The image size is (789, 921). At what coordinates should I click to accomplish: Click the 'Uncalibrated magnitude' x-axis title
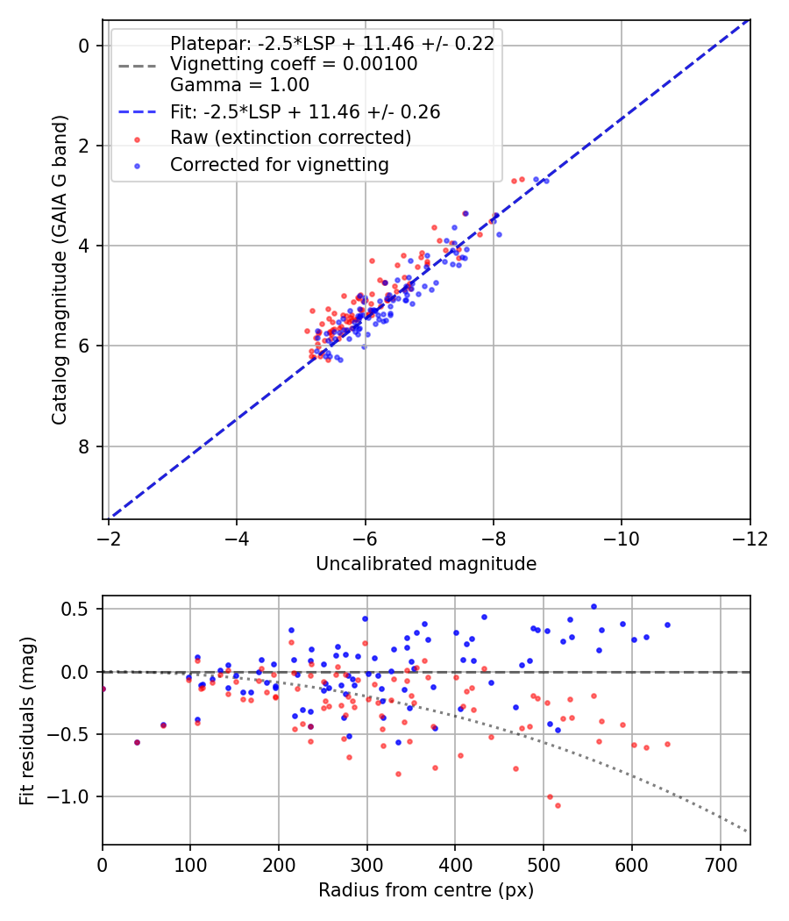pos(425,564)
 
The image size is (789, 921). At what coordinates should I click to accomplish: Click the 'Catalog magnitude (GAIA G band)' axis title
pos(60,270)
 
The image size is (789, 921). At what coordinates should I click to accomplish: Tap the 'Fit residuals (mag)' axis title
pos(27,721)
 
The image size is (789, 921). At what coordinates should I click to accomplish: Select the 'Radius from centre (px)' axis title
pos(425,890)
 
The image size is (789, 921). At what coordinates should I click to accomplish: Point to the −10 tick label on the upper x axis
pos(621,539)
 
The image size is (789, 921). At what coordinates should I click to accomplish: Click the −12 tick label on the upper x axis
pos(750,539)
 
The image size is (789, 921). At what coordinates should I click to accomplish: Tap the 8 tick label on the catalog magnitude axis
pos(84,447)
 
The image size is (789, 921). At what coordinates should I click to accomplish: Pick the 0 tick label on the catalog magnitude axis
pos(84,46)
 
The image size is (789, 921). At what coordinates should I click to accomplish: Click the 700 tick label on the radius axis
pos(720,865)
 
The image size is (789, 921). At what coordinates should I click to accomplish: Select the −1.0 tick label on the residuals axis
pos(68,797)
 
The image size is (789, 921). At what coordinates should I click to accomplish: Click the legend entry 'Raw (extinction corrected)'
pos(290,138)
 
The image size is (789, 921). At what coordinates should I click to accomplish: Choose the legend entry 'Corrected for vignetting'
pos(280,165)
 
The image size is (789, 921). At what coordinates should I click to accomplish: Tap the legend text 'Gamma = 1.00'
pos(239,84)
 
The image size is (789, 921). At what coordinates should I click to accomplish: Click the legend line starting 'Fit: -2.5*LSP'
pos(305,111)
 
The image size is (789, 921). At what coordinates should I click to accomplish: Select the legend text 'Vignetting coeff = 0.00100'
pos(294,63)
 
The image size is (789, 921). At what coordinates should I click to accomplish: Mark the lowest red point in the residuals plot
pos(558,805)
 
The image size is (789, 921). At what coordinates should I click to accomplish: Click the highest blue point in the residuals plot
pos(594,607)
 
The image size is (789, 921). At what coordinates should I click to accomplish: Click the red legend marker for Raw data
pos(138,139)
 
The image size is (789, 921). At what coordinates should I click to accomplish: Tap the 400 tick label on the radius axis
pos(455,865)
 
